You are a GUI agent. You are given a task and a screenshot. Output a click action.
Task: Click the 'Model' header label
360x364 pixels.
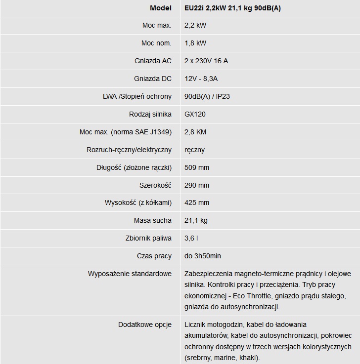click(160, 8)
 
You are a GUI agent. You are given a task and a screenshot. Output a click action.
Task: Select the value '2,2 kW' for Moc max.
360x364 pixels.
click(195, 25)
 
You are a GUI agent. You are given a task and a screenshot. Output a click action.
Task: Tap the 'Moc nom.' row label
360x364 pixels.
click(156, 43)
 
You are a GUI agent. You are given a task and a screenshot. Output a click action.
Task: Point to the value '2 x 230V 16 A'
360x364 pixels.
click(206, 61)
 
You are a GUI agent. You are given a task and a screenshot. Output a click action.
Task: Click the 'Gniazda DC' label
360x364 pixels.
click(153, 79)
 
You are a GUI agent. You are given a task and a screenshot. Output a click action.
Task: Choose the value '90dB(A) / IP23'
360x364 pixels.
click(207, 96)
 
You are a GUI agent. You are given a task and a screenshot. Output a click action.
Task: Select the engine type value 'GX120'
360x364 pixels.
click(195, 114)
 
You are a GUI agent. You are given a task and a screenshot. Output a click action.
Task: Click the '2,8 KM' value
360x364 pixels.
click(195, 132)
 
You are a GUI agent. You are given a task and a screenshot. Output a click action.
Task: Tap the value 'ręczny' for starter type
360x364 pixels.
click(194, 150)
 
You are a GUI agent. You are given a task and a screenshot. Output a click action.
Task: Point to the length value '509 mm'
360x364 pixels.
click(197, 167)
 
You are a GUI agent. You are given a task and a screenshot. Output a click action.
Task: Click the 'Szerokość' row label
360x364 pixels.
click(155, 185)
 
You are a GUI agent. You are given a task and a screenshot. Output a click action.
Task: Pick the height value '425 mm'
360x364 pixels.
click(197, 202)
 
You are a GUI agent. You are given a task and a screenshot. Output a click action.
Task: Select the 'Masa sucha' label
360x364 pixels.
click(153, 220)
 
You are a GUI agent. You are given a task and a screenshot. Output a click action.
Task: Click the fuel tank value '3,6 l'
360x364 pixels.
click(191, 238)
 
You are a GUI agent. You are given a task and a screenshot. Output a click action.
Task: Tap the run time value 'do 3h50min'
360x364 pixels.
click(202, 256)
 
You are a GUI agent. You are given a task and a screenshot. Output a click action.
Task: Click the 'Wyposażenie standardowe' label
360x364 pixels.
click(130, 274)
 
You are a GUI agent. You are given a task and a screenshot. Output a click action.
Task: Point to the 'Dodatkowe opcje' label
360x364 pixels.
click(145, 324)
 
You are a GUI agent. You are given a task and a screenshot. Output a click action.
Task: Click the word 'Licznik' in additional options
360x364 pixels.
click(196, 324)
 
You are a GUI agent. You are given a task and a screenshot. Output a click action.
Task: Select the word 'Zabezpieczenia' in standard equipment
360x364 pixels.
click(208, 274)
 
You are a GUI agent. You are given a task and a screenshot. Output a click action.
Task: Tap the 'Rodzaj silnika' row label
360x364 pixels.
click(150, 114)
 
